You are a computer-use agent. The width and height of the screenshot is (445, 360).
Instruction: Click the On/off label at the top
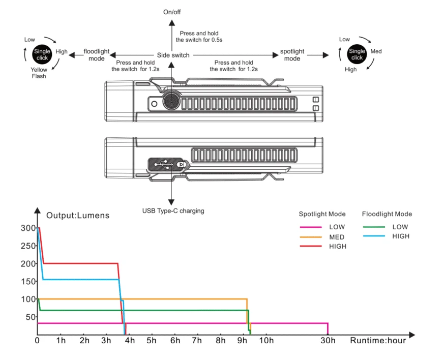click(172, 12)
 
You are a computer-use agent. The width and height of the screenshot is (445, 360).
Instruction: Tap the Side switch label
click(173, 55)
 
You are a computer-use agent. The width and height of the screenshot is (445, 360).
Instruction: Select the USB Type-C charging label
click(173, 211)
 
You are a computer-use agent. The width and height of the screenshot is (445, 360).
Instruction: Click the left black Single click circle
click(42, 54)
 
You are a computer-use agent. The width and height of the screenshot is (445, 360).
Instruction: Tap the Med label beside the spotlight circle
click(376, 51)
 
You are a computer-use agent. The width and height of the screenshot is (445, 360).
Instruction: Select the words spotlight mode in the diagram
click(292, 55)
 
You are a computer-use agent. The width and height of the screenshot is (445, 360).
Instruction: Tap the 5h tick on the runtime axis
click(152, 340)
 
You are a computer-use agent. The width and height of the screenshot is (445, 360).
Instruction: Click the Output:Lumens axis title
click(77, 215)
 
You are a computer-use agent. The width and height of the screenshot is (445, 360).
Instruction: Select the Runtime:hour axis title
click(377, 340)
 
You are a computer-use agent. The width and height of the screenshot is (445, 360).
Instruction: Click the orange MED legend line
click(312, 237)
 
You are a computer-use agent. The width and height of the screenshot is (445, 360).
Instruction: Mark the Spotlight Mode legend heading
click(322, 214)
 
